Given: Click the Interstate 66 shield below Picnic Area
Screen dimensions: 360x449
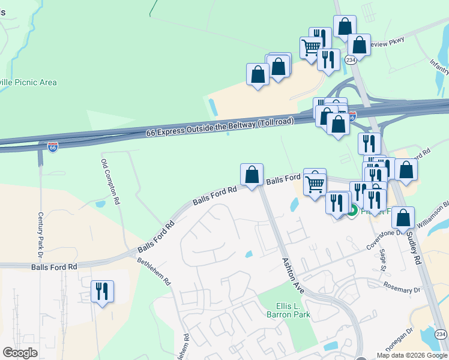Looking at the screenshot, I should click(53, 146).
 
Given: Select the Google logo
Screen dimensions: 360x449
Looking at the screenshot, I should click(20, 353).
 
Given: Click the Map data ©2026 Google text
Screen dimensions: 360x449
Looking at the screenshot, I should click(411, 355).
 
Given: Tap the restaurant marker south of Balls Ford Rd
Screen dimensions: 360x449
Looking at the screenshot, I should click(101, 292).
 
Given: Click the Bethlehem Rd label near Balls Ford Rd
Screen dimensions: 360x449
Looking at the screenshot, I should click(154, 271).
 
